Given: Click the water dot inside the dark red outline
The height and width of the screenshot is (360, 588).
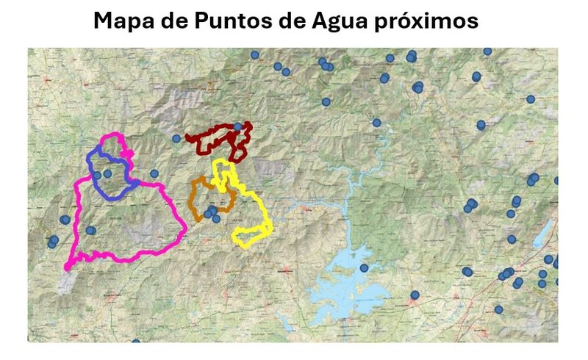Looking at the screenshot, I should click(x=237, y=127).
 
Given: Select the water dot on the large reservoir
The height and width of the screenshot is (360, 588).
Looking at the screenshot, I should click(x=363, y=268).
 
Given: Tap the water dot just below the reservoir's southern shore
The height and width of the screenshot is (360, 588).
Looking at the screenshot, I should click(x=415, y=295).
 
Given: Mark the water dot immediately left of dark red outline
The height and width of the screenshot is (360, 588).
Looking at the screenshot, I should click(x=176, y=138).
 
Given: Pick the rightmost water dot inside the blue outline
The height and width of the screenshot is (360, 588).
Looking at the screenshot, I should click(x=108, y=174).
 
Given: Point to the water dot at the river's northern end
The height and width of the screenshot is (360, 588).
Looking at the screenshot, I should click(x=377, y=123).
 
